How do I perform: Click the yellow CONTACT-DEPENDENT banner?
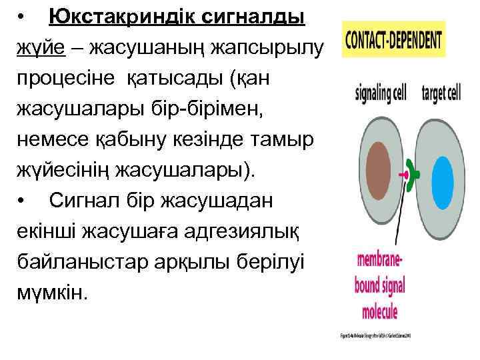pyautogui.click(x=393, y=39)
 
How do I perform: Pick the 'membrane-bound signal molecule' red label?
pyautogui.click(x=379, y=285)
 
